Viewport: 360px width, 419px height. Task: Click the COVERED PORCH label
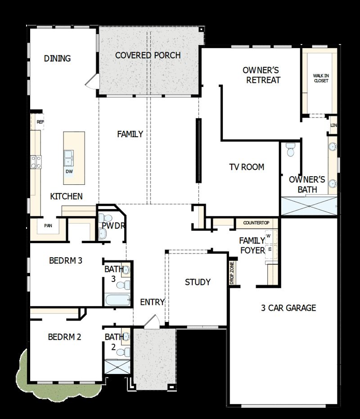point(148,55)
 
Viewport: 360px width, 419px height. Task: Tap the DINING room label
point(57,58)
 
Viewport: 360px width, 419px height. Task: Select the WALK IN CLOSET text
point(320,78)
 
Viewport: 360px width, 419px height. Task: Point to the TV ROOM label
point(246,167)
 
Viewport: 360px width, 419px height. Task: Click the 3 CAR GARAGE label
point(288,308)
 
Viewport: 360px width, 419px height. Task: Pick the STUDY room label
point(198,282)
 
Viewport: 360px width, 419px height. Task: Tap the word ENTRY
point(152,302)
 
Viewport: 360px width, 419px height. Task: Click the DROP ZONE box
point(232,273)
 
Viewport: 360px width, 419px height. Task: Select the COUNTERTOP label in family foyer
point(256,223)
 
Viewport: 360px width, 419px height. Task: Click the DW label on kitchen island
point(69,171)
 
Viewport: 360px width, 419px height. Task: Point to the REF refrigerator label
point(40,122)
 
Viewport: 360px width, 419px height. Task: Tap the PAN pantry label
point(48,226)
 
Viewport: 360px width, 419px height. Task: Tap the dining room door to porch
point(92,81)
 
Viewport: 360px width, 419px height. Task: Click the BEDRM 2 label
point(64,337)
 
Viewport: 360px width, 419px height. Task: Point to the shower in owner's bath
point(309,206)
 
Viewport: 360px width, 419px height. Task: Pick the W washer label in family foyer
point(269,236)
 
